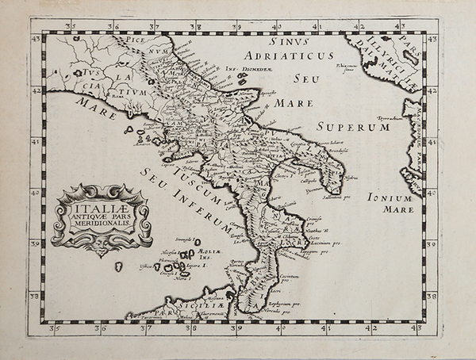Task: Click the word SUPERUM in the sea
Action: pos(351,126)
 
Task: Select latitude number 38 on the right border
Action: pos(432,297)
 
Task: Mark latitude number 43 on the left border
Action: pos(34,38)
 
